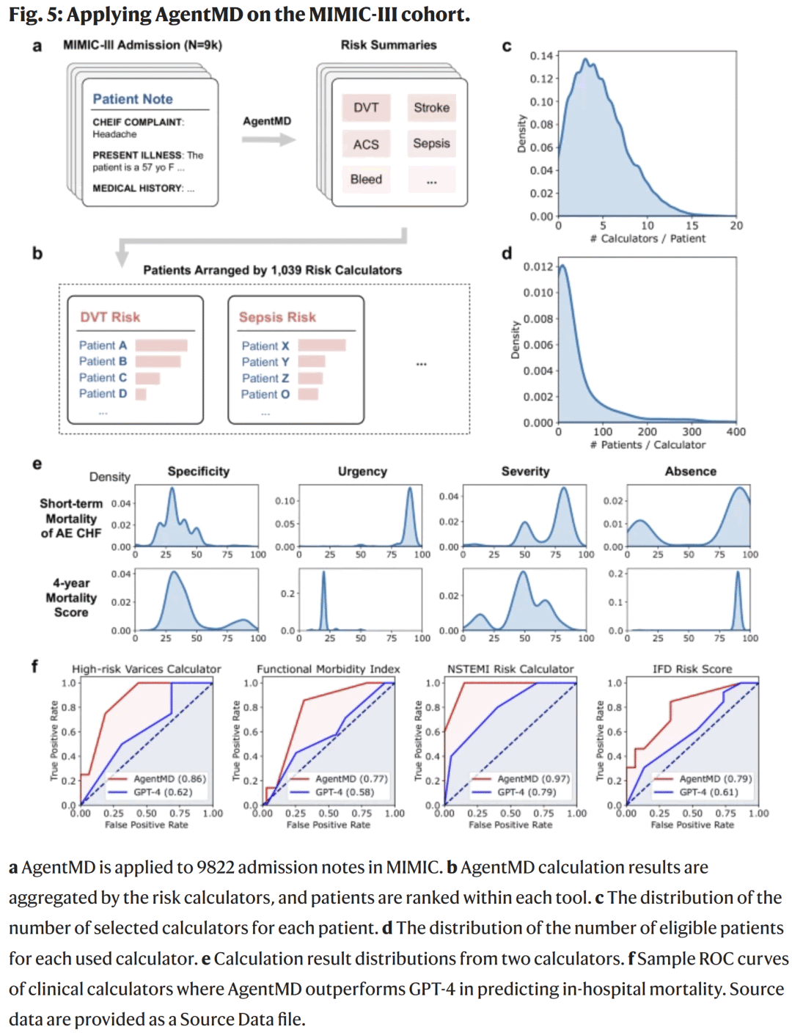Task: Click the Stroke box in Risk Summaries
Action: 431,108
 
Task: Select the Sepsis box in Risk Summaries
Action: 431,144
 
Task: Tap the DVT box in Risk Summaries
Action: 366,108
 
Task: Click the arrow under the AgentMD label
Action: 268,139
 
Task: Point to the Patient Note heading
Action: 133,99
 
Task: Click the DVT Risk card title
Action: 110,317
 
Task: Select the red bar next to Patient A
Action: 161,345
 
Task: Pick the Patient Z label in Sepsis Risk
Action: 265,378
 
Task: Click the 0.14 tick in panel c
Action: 541,56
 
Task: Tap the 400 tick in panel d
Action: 736,432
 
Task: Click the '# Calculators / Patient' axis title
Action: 648,239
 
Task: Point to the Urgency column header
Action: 362,472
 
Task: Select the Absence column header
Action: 690,472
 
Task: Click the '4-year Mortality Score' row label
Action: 71,598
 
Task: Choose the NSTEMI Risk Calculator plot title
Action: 510,669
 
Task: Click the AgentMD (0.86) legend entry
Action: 169,779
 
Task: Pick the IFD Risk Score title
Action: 692,669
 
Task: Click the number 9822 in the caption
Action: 216,868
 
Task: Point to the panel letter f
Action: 34,666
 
